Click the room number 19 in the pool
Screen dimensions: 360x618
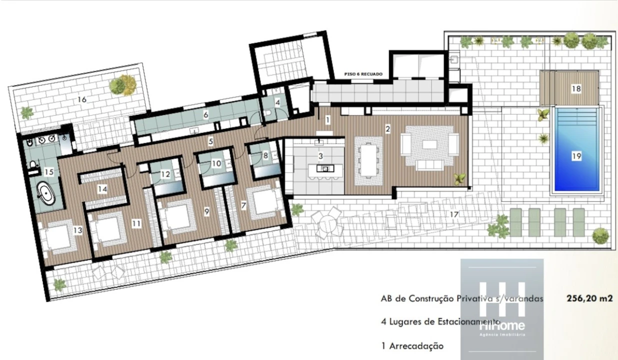576,156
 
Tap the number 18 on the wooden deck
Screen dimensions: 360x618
576,88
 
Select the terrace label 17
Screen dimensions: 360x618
454,214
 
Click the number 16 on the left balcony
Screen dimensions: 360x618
82,99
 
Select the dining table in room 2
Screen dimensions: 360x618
368,159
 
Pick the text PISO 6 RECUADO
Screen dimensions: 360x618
363,74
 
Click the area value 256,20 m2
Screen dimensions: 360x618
590,298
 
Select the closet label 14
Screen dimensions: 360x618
102,189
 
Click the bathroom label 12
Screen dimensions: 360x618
165,174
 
